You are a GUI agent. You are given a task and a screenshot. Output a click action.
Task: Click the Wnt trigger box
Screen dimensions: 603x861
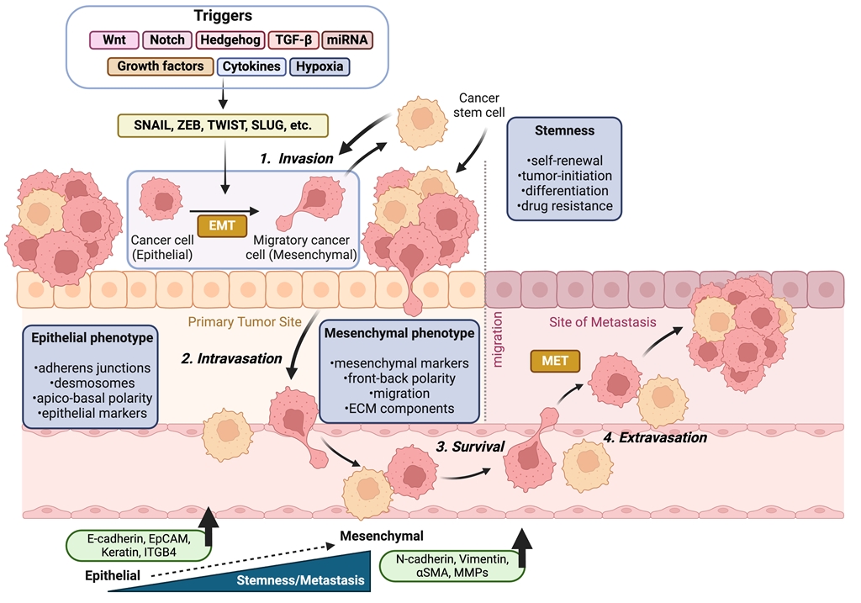[114, 40]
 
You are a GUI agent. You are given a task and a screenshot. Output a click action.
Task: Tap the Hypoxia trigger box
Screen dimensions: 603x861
[320, 66]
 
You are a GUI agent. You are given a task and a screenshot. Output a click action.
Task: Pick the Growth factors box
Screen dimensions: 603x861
[161, 66]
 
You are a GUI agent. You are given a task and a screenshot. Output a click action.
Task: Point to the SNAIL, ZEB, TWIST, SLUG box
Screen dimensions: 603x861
[221, 125]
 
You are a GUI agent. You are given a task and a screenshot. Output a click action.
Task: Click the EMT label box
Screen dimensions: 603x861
[221, 225]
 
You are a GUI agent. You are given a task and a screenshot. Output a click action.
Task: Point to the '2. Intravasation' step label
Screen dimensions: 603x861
[231, 359]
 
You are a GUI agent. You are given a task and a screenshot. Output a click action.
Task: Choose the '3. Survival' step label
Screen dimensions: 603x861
[470, 447]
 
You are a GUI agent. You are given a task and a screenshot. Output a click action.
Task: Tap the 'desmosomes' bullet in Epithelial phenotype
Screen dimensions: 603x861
[90, 383]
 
